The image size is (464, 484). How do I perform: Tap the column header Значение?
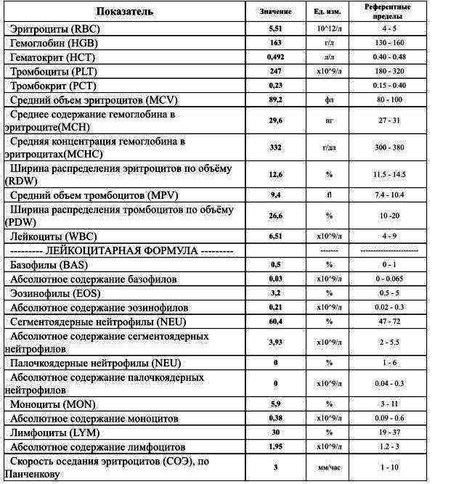275,12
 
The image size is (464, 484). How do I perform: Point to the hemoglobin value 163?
275,43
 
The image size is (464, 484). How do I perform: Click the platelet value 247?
275,71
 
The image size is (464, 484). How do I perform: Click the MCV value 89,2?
275,99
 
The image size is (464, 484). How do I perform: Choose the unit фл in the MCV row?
329,99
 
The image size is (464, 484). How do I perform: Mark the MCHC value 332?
275,148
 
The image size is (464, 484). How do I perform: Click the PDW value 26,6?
275,216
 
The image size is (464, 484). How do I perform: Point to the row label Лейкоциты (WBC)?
51,237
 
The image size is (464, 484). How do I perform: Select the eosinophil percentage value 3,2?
275,293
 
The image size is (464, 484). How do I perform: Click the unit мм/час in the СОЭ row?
329,468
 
